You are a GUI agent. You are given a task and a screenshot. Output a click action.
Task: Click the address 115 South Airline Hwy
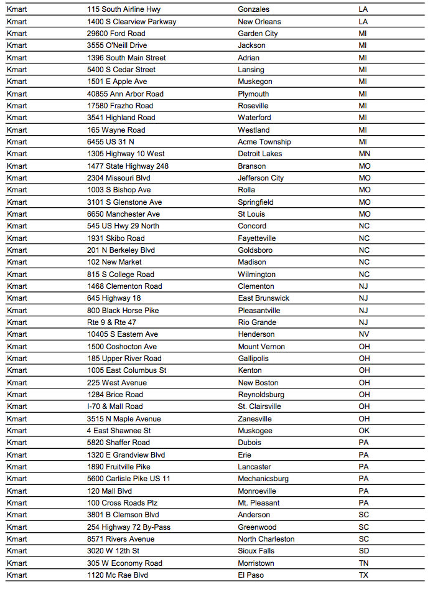(124, 9)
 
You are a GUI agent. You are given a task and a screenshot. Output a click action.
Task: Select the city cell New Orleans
(259, 22)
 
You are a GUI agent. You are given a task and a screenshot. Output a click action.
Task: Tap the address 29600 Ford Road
(116, 34)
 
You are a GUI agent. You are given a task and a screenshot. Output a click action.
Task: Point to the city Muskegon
(255, 82)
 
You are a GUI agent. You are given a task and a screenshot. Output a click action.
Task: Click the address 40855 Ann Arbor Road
(125, 94)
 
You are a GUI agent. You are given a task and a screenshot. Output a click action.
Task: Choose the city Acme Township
(264, 142)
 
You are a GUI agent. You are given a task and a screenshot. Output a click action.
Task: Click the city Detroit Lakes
(260, 154)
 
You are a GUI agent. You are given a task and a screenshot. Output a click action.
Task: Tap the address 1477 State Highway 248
(128, 166)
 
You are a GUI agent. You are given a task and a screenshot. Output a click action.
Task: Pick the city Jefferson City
(261, 178)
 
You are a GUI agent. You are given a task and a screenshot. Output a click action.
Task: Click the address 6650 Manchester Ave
(123, 214)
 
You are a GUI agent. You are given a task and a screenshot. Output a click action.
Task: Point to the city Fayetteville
(257, 238)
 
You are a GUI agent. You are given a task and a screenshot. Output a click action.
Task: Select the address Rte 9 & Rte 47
(112, 322)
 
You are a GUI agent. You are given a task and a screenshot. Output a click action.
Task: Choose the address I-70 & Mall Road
(114, 406)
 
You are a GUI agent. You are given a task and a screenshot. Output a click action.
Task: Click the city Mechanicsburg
(263, 479)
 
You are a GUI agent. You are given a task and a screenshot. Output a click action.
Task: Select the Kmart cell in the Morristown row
(17, 563)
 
